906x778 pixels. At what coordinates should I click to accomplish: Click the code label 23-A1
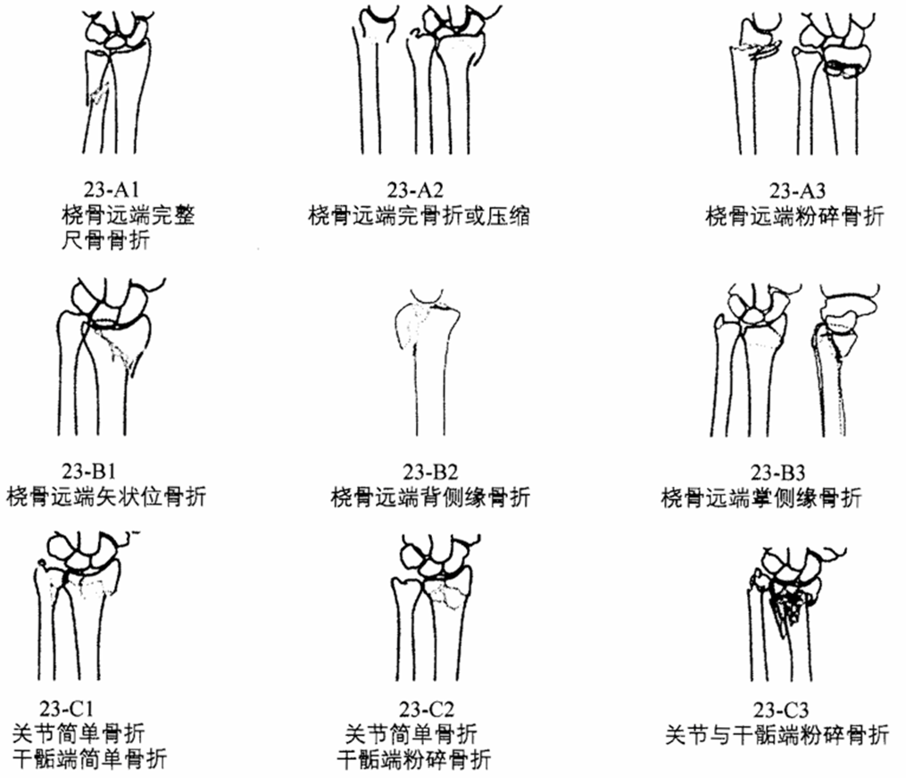tap(112, 189)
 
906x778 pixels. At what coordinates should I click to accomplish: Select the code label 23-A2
tap(415, 189)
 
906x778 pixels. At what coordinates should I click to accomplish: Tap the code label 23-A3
tap(797, 190)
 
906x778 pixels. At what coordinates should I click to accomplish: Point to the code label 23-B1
tap(89, 471)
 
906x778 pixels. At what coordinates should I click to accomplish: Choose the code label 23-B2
tap(430, 473)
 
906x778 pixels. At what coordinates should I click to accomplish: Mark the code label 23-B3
tap(777, 473)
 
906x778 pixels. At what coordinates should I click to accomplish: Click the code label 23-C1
tap(66, 708)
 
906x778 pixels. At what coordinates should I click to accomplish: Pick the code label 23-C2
tap(427, 708)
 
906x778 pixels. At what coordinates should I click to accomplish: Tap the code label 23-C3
tap(781, 709)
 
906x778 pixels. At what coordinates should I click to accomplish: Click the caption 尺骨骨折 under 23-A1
tap(105, 240)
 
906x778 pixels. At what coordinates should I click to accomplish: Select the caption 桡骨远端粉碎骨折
tap(795, 216)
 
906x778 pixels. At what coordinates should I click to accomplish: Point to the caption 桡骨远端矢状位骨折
tap(106, 497)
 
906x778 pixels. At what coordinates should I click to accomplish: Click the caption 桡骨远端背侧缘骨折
tap(430, 498)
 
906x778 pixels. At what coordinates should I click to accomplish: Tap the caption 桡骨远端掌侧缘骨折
tap(761, 498)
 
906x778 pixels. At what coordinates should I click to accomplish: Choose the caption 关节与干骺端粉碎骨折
tap(777, 734)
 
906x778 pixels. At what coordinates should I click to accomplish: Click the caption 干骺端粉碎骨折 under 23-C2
tap(414, 759)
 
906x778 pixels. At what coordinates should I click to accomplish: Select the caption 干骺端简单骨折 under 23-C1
tap(89, 758)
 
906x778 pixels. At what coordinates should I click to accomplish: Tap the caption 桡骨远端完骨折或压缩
tap(419, 215)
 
